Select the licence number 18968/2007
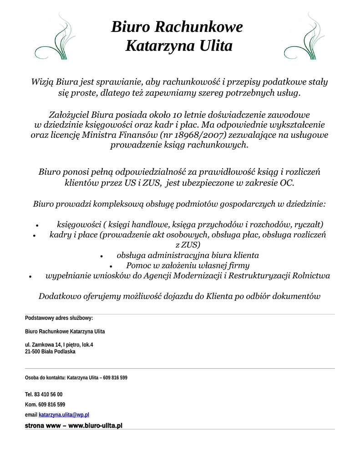tap(207, 135)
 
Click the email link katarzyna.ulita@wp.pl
tap(64, 415)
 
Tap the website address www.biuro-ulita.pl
tap(95, 426)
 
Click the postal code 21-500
tap(32, 352)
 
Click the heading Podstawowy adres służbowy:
tap(59, 318)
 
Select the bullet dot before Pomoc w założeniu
tap(111, 266)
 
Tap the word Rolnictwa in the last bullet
tap(312, 276)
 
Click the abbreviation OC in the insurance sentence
tap(287, 183)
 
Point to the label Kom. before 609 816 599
tap(30, 405)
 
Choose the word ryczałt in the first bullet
tap(308, 224)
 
